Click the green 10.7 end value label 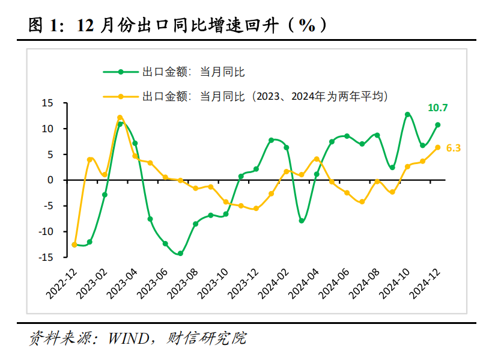[x=437, y=108]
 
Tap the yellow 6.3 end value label [x=453, y=148]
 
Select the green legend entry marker [x=121, y=72]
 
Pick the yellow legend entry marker [x=121, y=96]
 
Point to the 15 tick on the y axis [x=47, y=103]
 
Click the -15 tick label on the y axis [x=46, y=257]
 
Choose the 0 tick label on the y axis [x=50, y=180]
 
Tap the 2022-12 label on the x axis [x=62, y=284]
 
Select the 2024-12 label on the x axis [x=425, y=284]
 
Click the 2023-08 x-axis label [x=183, y=284]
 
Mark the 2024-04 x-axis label [x=303, y=284]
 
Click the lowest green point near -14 [x=180, y=254]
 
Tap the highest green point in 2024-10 [x=407, y=114]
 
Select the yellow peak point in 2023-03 [x=120, y=118]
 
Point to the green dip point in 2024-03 [x=302, y=221]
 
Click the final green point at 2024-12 [x=438, y=125]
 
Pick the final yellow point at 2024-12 [x=438, y=147]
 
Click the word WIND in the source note [x=129, y=338]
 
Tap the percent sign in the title [x=307, y=25]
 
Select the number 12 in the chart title [x=85, y=25]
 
